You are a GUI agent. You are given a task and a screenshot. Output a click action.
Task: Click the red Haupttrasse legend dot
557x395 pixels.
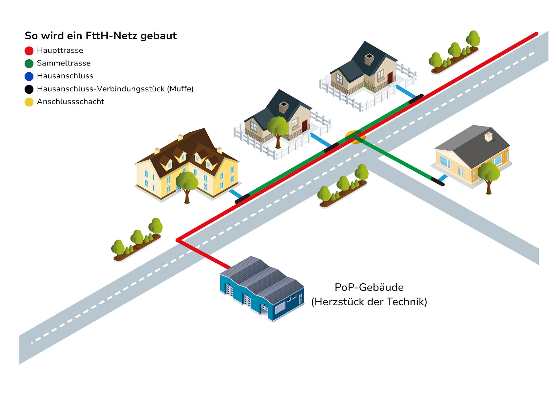(29, 51)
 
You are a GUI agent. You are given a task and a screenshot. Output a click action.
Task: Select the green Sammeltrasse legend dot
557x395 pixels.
(29, 64)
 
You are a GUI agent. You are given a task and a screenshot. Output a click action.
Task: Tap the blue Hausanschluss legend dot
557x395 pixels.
(29, 76)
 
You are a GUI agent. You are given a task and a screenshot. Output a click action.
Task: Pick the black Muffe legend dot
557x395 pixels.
(29, 89)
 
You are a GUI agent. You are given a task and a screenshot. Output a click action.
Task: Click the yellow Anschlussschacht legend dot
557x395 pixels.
(29, 102)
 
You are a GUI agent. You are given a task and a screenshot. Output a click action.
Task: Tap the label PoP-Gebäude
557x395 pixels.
(369, 287)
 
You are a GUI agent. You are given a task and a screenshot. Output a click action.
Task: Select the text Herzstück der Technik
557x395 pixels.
(369, 302)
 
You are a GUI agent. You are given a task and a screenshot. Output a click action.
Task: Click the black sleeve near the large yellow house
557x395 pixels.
(242, 198)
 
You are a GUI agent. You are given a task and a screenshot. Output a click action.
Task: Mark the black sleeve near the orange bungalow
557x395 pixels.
(437, 181)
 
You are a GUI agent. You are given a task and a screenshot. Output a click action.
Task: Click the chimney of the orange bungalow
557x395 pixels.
(488, 136)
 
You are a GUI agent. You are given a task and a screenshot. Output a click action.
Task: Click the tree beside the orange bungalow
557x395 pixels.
(489, 175)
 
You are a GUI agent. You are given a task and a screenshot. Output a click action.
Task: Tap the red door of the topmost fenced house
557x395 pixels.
(390, 78)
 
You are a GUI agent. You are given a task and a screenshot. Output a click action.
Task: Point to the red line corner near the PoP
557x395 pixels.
(178, 240)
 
